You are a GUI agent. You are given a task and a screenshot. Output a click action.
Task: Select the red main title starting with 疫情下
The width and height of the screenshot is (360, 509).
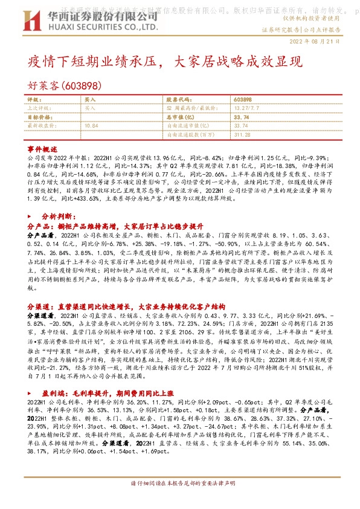pos(164,61)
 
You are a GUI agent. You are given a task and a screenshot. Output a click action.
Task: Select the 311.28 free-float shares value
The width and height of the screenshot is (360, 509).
pos(242,134)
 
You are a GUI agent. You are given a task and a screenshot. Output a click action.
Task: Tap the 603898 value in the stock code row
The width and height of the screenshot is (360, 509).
pos(242,99)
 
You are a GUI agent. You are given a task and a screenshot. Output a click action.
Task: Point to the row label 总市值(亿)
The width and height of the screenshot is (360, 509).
pos(179,117)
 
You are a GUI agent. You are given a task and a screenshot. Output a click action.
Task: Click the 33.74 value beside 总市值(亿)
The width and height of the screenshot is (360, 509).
pos(240,117)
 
